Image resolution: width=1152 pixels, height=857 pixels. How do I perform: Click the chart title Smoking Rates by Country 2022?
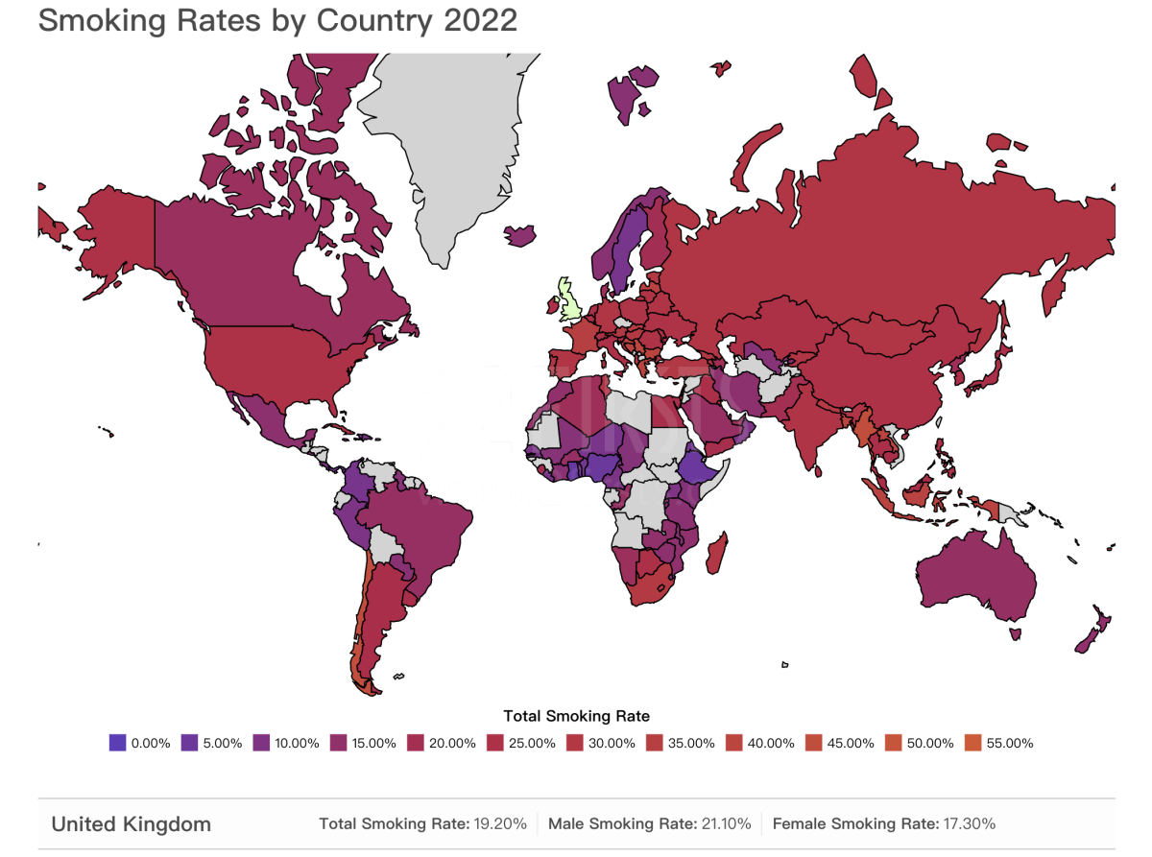(x=277, y=21)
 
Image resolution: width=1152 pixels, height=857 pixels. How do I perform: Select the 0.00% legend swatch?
(x=118, y=742)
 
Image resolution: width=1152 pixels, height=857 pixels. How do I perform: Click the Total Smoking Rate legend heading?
(x=576, y=716)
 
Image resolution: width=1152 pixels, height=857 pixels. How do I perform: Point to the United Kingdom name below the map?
(x=131, y=823)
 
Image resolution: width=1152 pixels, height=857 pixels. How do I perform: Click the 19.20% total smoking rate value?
(x=497, y=823)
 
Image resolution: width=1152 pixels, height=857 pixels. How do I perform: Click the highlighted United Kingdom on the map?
(x=570, y=301)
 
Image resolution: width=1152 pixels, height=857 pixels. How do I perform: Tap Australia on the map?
(x=974, y=576)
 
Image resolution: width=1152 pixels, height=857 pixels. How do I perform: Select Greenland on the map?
(x=451, y=144)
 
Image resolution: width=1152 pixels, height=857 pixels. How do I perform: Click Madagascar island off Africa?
(x=715, y=556)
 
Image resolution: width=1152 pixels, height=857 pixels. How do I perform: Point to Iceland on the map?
(x=519, y=234)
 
